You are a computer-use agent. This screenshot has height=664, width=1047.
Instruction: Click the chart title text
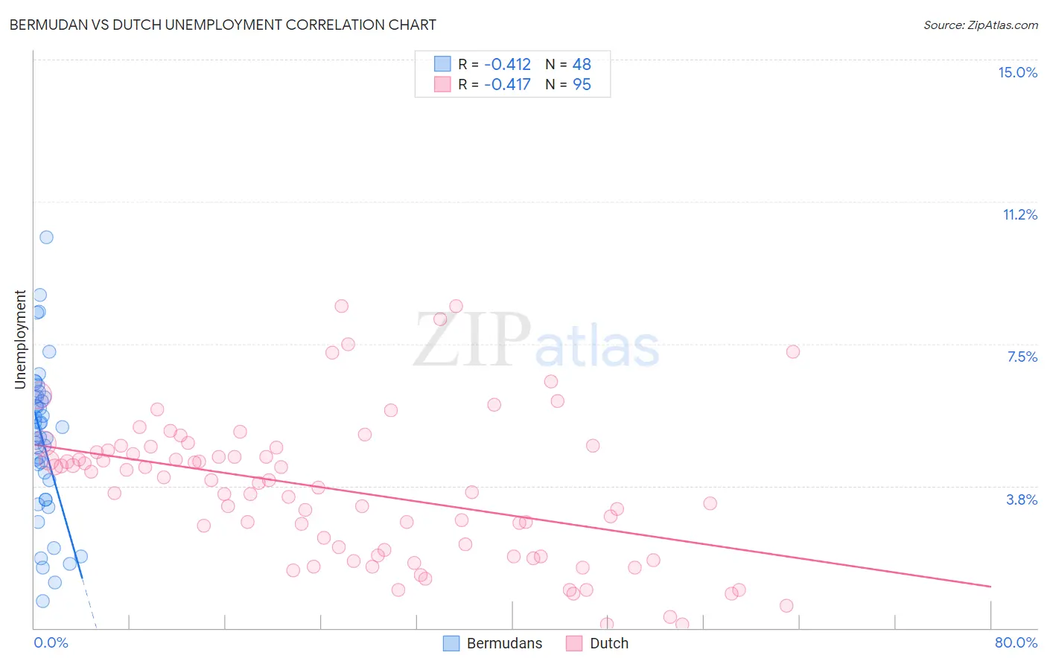pos(222,25)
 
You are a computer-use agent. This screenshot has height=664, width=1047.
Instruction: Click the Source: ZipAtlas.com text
pos(980,25)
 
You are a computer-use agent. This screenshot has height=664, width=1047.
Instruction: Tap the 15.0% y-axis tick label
pos(1017,72)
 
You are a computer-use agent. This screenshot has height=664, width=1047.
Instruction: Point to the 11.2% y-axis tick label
pos(1019,214)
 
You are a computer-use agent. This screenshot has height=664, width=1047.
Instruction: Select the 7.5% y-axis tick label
pos(1022,357)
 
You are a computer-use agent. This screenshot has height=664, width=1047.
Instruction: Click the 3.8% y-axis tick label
pos(1022,499)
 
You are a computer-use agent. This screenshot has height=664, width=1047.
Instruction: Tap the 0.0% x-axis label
pos(51,642)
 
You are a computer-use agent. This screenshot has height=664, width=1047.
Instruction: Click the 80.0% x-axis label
pos(1016,642)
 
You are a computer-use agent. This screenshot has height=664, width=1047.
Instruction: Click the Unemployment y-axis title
pos(20,339)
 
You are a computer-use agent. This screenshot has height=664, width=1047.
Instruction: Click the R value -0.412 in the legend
pos(507,65)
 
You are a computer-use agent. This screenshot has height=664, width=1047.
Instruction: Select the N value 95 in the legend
pos(582,85)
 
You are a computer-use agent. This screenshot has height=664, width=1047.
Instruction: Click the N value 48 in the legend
pos(582,65)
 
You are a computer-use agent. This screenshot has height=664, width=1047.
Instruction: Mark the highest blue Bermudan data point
pos(46,237)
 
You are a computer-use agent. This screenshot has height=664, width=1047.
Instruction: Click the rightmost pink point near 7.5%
pos(793,351)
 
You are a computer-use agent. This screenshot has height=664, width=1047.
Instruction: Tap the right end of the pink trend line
pos(990,587)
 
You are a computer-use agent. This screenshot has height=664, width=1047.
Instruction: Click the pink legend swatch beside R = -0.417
pos(442,84)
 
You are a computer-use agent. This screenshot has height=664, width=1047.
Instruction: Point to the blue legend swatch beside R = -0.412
pos(442,64)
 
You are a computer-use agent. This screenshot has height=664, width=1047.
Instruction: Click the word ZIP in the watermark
pos(472,341)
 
